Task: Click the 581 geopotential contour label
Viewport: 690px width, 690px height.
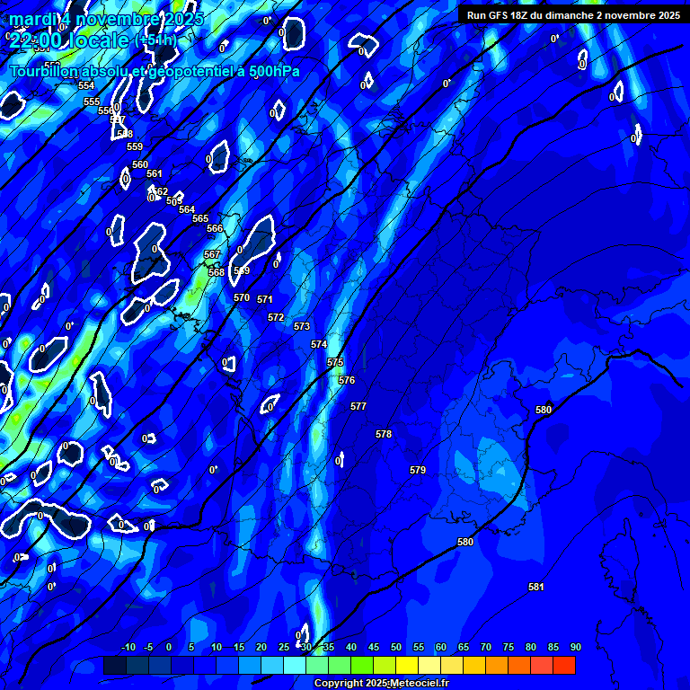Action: point(536,587)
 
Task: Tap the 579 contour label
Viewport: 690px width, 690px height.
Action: point(418,470)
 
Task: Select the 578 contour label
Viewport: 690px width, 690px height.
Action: point(384,434)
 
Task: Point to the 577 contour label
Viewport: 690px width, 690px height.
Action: point(358,406)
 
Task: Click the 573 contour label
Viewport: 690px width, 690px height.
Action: point(302,326)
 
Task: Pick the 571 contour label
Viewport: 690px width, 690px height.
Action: point(265,299)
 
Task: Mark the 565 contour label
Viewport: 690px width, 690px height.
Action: point(200,218)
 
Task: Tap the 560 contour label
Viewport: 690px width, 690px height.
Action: point(140,164)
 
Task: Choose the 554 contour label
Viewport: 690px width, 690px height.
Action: point(86,85)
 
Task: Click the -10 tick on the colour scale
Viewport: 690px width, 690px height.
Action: point(128,647)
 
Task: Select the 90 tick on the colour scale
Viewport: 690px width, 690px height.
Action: point(575,647)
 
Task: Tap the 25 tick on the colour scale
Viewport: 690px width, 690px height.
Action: point(284,647)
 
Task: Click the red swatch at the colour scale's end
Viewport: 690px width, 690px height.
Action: point(564,665)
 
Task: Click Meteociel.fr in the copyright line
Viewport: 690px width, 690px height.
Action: point(419,684)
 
